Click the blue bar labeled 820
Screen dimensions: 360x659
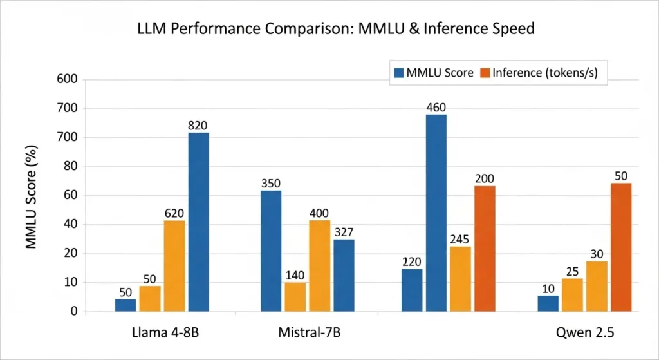pyautogui.click(x=198, y=222)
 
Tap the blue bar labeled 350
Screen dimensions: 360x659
pyautogui.click(x=270, y=251)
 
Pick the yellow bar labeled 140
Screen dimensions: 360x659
pyautogui.click(x=295, y=297)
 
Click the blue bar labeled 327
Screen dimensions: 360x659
pyautogui.click(x=344, y=276)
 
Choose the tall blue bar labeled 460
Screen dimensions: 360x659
pyautogui.click(x=436, y=213)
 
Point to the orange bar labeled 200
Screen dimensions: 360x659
pyautogui.click(x=485, y=249)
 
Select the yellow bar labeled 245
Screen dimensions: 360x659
pyautogui.click(x=460, y=279)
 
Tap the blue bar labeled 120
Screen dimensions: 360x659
pyautogui.click(x=411, y=290)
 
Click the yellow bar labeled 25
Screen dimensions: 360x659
pyautogui.click(x=571, y=295)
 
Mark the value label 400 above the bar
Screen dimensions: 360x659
pyautogui.click(x=319, y=213)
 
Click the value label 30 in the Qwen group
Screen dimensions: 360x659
pyautogui.click(x=597, y=254)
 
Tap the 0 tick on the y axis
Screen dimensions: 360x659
pyautogui.click(x=73, y=312)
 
